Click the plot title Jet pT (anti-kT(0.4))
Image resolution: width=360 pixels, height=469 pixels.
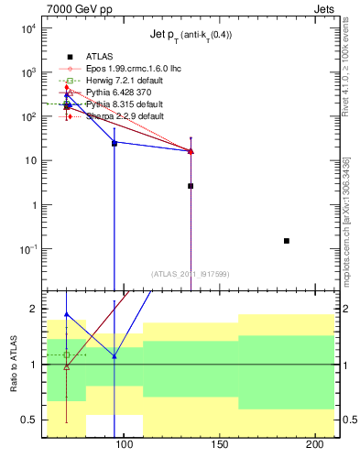[x=191, y=36]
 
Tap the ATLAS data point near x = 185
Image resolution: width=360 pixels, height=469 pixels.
[x=287, y=241]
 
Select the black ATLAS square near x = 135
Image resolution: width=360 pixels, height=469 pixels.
[x=191, y=186]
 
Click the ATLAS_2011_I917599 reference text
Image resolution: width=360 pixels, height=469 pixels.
[x=190, y=273]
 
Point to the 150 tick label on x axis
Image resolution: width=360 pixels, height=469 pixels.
[x=218, y=444]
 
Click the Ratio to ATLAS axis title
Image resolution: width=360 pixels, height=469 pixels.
[x=14, y=364]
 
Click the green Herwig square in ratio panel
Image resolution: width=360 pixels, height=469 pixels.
[x=66, y=354]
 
